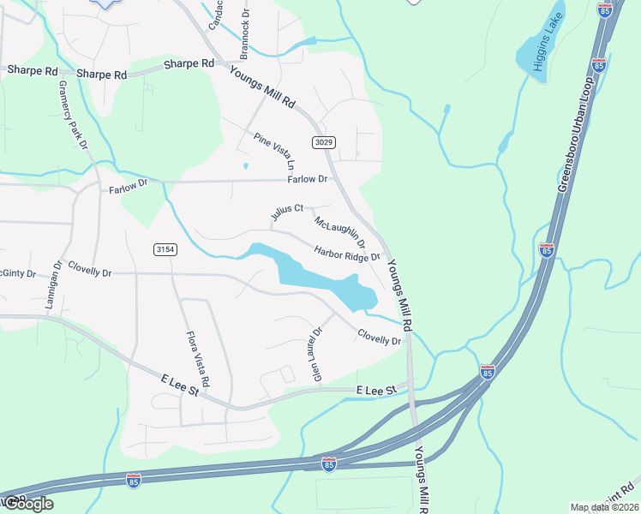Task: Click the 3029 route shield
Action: pos(323,142)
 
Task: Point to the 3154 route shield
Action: pos(165,249)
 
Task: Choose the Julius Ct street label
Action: pos(288,212)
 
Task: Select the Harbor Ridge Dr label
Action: pos(346,254)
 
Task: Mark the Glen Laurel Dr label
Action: pos(316,355)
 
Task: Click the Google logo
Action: pos(27,504)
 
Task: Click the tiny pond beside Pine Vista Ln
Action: pos(245,166)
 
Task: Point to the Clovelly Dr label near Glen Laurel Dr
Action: pos(379,338)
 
